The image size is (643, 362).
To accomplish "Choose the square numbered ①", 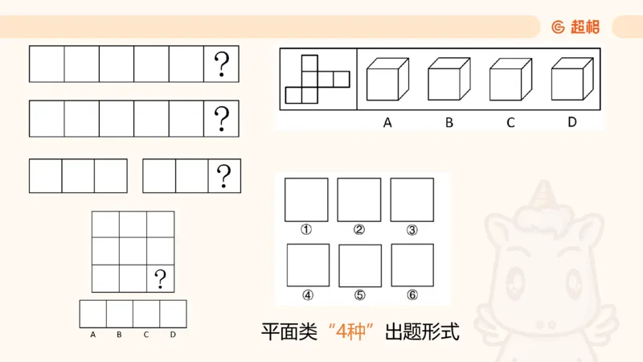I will pyautogui.click(x=306, y=200).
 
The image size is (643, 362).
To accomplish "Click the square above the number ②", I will pyautogui.click(x=359, y=200).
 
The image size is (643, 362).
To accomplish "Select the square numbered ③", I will pyautogui.click(x=412, y=200).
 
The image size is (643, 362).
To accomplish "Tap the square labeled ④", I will pyautogui.click(x=306, y=265).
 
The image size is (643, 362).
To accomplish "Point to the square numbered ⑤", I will pyautogui.click(x=359, y=265).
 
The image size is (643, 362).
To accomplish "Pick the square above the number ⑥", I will pyautogui.click(x=412, y=265).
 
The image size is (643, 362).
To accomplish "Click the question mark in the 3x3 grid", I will pyautogui.click(x=161, y=278).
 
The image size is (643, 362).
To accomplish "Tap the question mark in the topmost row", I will pyautogui.click(x=222, y=64).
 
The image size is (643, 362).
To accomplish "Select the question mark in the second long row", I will pyautogui.click(x=222, y=118).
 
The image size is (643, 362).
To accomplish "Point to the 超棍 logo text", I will pyautogui.click(x=584, y=27).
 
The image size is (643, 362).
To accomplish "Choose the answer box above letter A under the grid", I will pyautogui.click(x=93, y=313).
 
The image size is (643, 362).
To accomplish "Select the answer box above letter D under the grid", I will pyautogui.click(x=173, y=313).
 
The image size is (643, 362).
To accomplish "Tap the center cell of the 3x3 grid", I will pyautogui.click(x=133, y=251).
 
